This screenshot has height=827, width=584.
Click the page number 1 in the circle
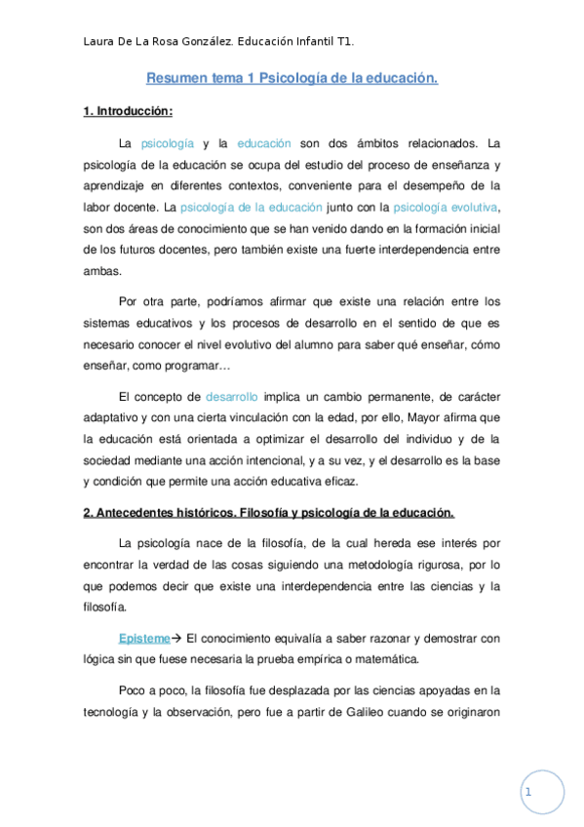[x=527, y=793]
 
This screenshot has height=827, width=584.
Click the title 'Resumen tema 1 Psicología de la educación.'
[x=292, y=77]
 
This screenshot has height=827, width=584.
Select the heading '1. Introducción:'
[x=128, y=111]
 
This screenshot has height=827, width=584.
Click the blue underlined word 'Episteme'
[x=143, y=639]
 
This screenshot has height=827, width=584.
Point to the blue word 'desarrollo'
[x=232, y=397]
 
